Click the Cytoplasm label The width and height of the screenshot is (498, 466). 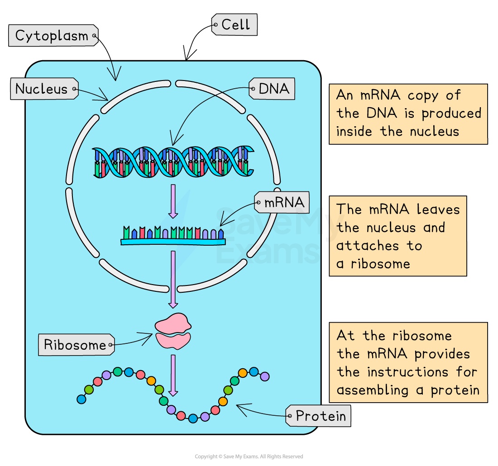(52, 36)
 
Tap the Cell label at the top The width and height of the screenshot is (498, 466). (235, 25)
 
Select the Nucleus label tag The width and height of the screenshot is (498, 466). (42, 89)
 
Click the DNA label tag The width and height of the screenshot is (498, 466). (273, 89)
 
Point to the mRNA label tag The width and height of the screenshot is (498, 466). (284, 202)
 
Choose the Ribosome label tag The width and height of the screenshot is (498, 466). (75, 345)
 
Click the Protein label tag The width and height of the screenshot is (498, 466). (320, 416)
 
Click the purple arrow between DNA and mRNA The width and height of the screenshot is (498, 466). (173, 200)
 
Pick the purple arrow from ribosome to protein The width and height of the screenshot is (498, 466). (173, 375)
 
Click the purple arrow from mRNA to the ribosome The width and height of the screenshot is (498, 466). (173, 279)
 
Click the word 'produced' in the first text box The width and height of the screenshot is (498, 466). (451, 114)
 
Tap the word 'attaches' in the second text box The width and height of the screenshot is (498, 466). (366, 246)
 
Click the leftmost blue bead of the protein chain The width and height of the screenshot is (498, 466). (81, 399)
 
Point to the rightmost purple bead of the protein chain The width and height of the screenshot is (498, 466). (265, 376)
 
